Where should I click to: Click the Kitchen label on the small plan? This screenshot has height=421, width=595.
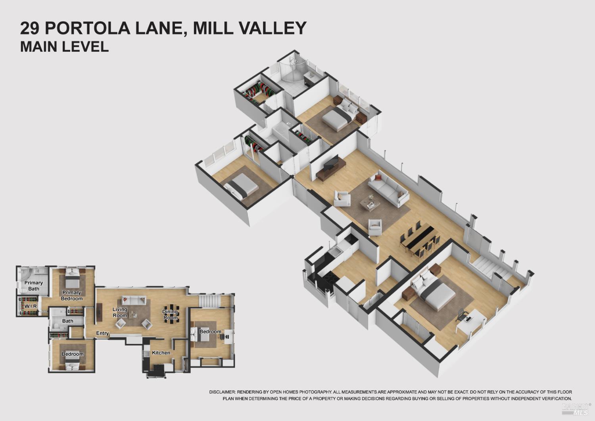[x=161, y=353]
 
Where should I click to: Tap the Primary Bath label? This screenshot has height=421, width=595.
[x=33, y=286]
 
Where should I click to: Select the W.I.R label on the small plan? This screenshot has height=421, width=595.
[x=31, y=306]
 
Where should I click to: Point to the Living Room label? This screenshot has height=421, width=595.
[x=120, y=312]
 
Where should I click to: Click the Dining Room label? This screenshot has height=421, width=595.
[x=171, y=315]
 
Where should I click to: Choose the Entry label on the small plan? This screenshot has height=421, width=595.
[x=102, y=333]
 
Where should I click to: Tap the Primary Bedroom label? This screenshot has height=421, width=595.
[x=72, y=295]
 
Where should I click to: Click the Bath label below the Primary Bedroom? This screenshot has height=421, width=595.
[x=67, y=321]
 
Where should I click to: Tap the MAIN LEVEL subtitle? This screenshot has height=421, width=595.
[x=64, y=46]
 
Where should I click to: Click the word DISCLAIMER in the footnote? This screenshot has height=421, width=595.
[x=222, y=392]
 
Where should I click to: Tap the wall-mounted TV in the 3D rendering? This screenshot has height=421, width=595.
[x=331, y=163]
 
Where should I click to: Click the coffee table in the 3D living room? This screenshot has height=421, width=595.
[x=370, y=204]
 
